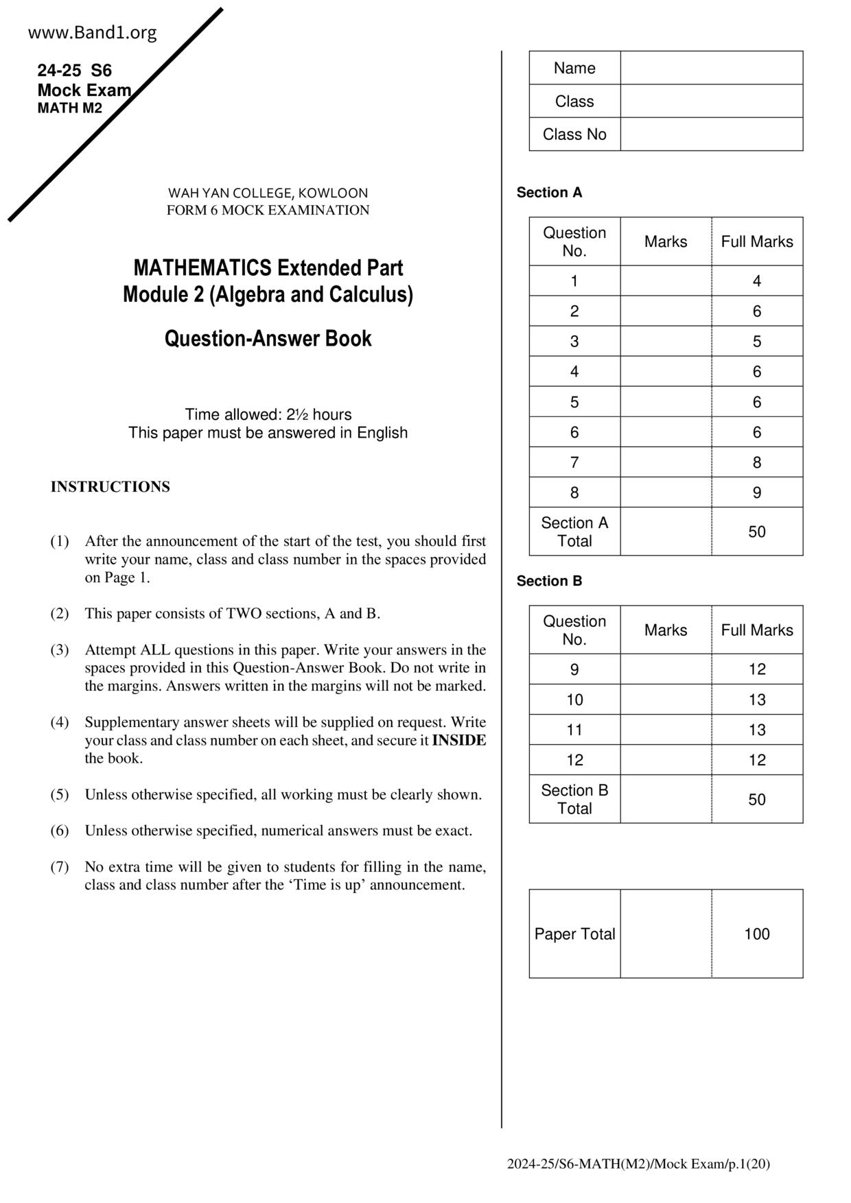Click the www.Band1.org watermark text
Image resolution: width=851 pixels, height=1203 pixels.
tap(93, 32)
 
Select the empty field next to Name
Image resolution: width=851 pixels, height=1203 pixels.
tap(711, 68)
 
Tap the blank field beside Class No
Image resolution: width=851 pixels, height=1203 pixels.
tap(711, 134)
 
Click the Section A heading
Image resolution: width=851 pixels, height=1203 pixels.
tap(549, 193)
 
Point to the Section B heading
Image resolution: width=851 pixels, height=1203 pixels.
tap(549, 581)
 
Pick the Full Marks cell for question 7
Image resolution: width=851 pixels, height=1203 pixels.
tap(756, 462)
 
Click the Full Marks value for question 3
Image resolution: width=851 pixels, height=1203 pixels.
tap(756, 342)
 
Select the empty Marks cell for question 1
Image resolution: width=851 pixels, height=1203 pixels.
tap(665, 281)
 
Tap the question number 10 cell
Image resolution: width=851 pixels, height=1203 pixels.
tap(574, 700)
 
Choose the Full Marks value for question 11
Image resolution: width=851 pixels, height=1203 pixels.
tap(756, 730)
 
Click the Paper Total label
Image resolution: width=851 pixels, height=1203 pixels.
tap(574, 934)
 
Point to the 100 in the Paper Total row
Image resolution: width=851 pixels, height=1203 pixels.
tap(756, 934)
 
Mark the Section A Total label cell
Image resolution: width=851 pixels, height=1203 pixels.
tap(574, 532)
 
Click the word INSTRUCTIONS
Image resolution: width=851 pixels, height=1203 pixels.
tap(110, 487)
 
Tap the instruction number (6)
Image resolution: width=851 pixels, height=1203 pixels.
tap(60, 831)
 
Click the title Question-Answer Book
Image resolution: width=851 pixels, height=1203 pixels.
tap(268, 339)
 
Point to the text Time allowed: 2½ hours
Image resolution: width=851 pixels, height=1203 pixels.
tap(268, 415)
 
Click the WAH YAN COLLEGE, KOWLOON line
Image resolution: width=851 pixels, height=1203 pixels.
tap(268, 193)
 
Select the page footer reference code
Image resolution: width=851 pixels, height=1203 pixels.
tap(638, 1164)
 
